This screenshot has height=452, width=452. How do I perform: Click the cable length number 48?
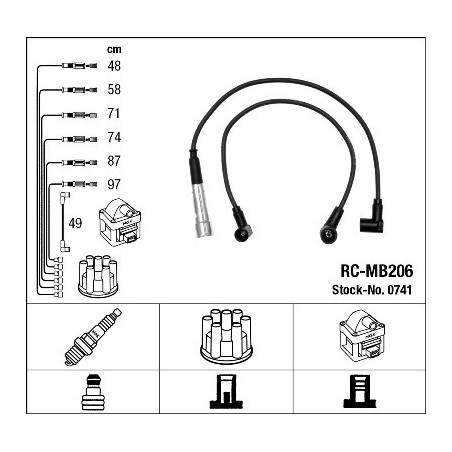(x=114, y=66)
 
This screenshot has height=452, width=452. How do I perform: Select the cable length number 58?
(x=114, y=90)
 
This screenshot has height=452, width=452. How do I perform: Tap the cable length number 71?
(x=114, y=113)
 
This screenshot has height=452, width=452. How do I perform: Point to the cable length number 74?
(x=114, y=137)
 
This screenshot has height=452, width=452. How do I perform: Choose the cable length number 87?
(x=114, y=161)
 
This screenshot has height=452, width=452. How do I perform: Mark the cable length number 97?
(x=114, y=184)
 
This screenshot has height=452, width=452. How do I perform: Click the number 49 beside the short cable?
(x=75, y=223)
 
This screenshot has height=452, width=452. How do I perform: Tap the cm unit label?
(x=114, y=49)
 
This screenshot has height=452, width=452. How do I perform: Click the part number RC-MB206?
(x=377, y=271)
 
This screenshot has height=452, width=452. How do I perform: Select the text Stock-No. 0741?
(x=372, y=290)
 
